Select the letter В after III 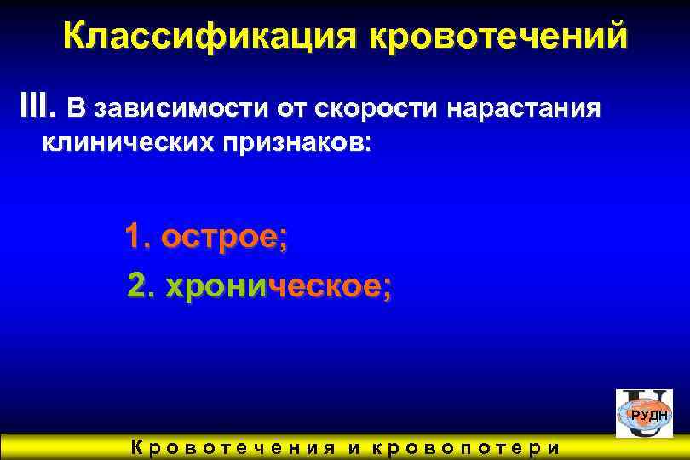click(77, 109)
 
